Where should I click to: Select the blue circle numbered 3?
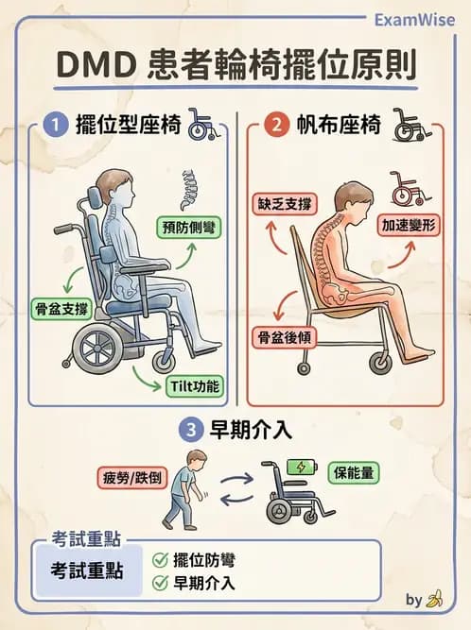(192, 430)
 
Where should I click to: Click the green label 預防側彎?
(188, 227)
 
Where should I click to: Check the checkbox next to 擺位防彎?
(160, 559)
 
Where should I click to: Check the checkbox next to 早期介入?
(160, 583)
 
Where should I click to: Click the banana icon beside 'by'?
(435, 600)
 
